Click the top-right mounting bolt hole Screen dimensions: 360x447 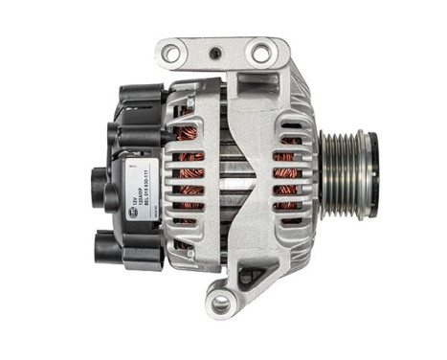[260, 54]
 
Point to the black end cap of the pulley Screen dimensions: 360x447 [373, 163]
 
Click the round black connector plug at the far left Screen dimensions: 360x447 [98, 179]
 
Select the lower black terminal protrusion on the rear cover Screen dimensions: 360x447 [107, 247]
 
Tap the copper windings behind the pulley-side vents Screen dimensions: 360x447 [287, 172]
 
